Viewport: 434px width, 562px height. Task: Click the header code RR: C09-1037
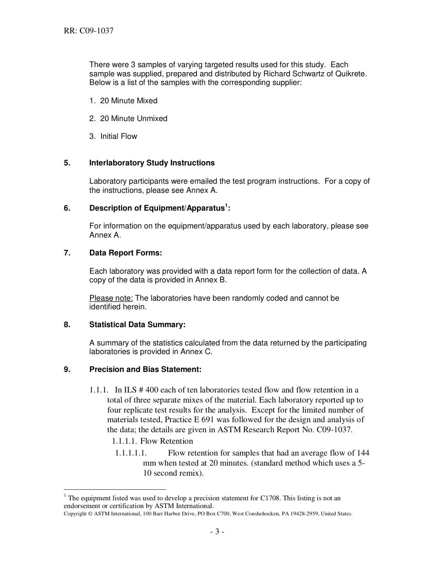pyautogui.click(x=89, y=31)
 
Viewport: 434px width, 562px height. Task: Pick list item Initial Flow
pyautogui.click(x=118, y=136)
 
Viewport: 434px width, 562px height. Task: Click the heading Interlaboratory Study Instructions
pyautogui.click(x=152, y=163)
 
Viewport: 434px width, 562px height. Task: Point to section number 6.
pyautogui.click(x=67, y=208)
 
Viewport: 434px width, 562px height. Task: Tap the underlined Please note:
pyautogui.click(x=111, y=298)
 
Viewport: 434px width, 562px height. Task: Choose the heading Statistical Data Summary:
pyautogui.click(x=137, y=324)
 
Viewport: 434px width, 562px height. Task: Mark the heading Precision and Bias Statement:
pyautogui.click(x=145, y=369)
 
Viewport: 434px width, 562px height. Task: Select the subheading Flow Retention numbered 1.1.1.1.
pyautogui.click(x=166, y=441)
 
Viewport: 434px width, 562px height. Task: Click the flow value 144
pyautogui.click(x=363, y=453)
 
